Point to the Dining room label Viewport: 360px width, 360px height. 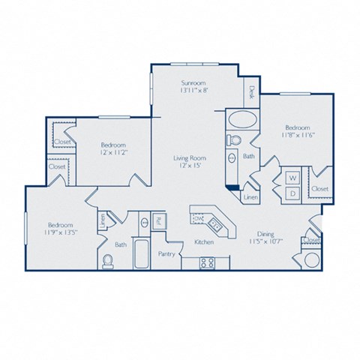click(260, 232)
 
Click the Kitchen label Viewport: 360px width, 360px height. click(205, 242)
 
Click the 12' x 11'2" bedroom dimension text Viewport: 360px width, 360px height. click(114, 152)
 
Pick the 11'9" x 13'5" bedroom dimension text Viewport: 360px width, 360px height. click(59, 232)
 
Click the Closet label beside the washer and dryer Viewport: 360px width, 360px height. click(319, 189)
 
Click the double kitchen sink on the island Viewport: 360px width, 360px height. click(214, 223)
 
